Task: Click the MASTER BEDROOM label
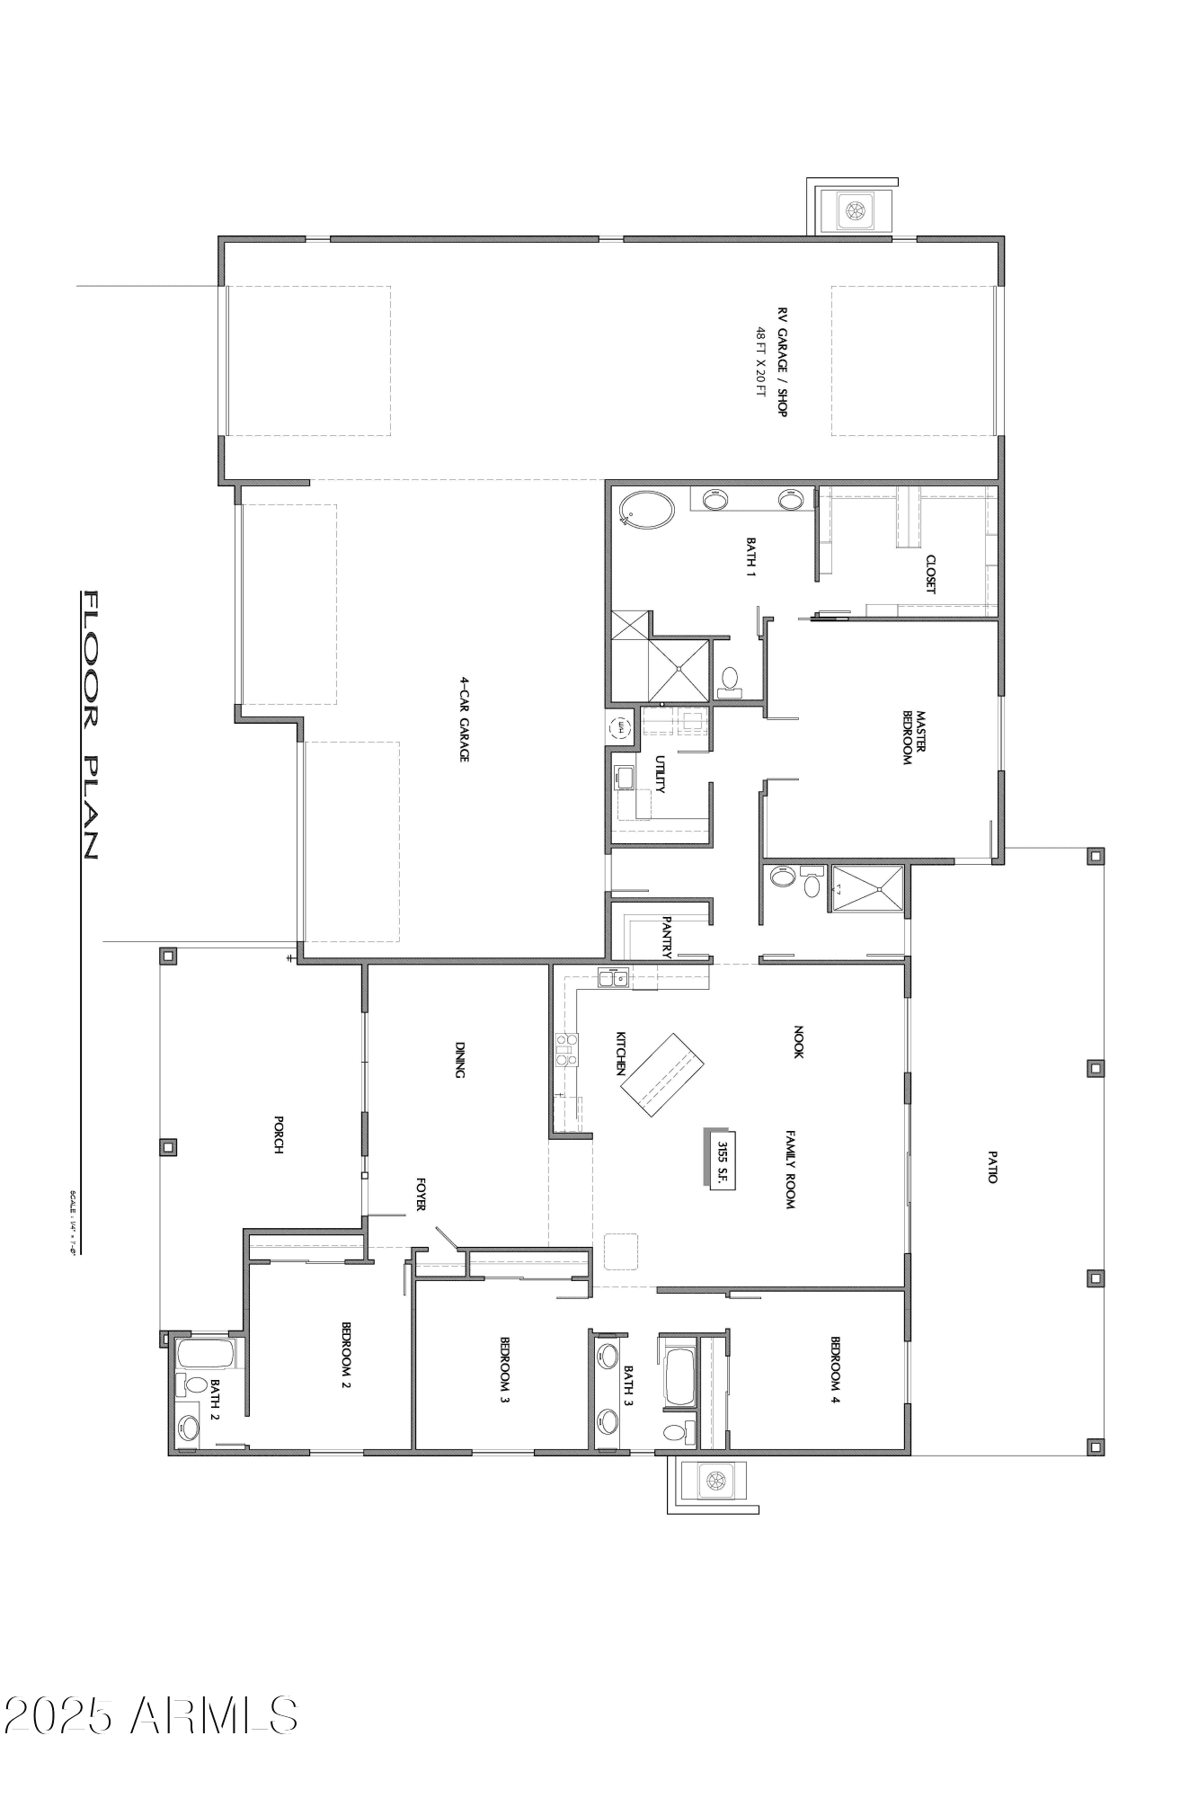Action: pos(914,737)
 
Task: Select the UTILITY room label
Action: pos(661,774)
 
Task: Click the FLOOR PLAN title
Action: pos(90,725)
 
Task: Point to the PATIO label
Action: pos(992,1166)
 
